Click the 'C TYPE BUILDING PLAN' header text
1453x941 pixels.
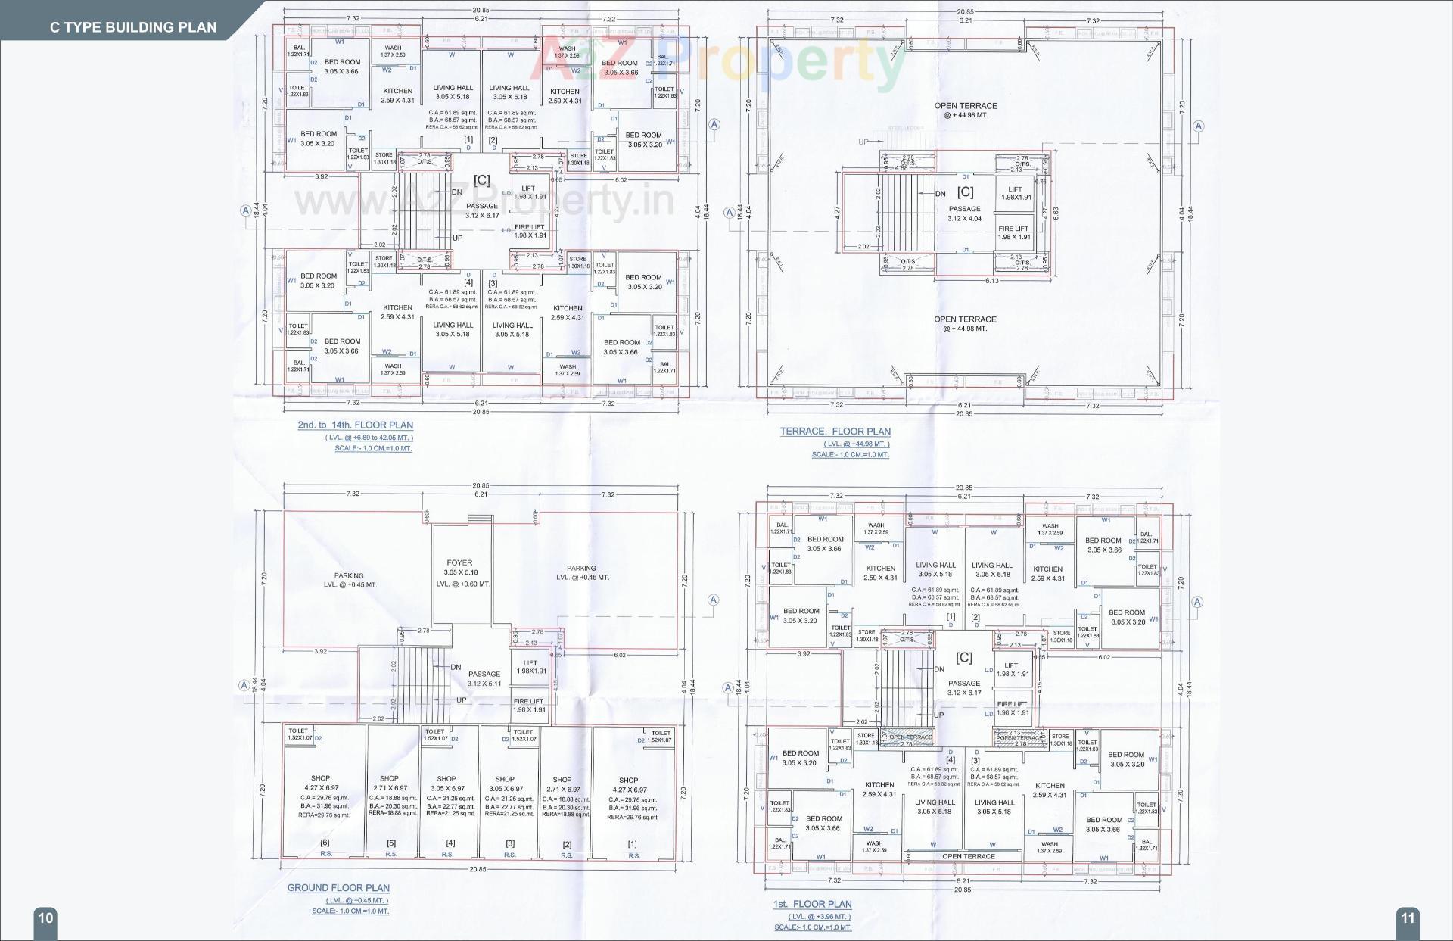133,27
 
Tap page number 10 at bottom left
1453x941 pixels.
45,918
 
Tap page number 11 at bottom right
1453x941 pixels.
1407,918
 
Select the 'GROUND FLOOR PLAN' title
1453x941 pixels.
338,888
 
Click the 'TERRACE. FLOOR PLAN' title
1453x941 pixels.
835,432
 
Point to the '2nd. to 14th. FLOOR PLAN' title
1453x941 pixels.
355,425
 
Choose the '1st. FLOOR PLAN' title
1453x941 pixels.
812,904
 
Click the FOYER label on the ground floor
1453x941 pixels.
459,562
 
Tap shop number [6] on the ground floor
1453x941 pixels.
325,843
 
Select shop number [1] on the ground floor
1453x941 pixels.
632,843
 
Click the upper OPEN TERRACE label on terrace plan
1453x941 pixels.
965,106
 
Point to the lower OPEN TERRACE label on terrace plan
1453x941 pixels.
965,319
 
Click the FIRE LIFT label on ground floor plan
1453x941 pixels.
528,701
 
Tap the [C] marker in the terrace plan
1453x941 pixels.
965,192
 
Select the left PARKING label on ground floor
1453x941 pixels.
349,575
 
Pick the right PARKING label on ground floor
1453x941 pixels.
581,568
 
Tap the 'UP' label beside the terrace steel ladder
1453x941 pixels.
863,142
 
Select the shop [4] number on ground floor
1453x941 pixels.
450,843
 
